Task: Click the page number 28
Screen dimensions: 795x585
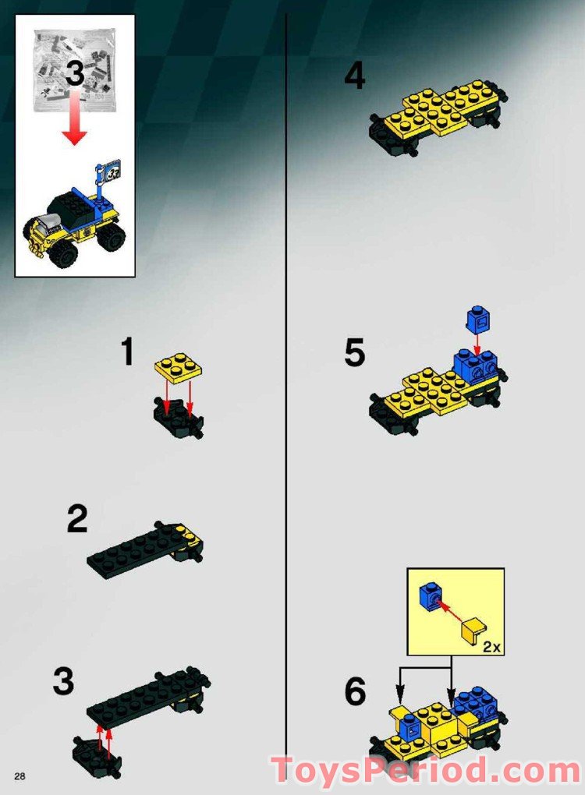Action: (x=19, y=774)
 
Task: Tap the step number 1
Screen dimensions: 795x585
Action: (x=126, y=353)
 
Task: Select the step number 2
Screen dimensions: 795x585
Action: (x=77, y=520)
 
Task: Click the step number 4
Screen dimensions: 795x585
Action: (x=355, y=76)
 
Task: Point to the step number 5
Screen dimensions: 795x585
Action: (x=354, y=353)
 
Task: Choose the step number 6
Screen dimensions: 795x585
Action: (x=355, y=691)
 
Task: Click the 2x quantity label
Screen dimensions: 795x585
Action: (x=491, y=646)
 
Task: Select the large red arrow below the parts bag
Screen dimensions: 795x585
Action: (x=75, y=117)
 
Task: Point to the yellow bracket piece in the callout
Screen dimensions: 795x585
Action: (x=473, y=631)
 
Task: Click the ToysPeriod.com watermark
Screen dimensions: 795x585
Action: (x=425, y=771)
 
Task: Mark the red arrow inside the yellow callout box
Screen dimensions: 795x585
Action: (x=452, y=610)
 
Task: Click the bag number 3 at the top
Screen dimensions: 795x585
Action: (x=74, y=74)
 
